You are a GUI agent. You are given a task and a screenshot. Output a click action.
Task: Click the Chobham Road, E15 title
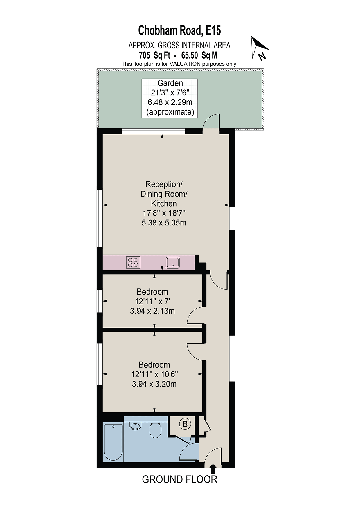(179, 30)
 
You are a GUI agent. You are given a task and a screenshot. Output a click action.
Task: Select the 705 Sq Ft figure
(155, 55)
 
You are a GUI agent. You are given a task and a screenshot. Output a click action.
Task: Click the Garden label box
(170, 98)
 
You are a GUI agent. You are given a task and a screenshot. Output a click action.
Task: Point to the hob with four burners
(133, 262)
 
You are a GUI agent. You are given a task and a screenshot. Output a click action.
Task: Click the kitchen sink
(173, 262)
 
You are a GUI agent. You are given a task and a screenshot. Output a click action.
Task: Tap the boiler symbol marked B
(185, 424)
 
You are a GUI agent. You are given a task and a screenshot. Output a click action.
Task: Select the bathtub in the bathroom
(113, 442)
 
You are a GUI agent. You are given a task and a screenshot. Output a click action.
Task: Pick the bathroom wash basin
(135, 426)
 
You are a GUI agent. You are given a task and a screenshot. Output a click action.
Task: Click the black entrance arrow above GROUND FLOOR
(213, 469)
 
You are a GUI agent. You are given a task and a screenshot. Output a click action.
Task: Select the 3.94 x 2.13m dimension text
(152, 311)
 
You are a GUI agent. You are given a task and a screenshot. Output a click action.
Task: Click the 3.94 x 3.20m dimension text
(154, 384)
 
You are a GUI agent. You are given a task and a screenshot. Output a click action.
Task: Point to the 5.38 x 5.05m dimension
(164, 223)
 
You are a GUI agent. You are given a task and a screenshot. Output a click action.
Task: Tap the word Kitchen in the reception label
(164, 203)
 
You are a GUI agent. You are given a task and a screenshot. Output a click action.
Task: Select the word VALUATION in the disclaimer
(185, 64)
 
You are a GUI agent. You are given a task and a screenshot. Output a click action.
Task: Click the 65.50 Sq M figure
(199, 55)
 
